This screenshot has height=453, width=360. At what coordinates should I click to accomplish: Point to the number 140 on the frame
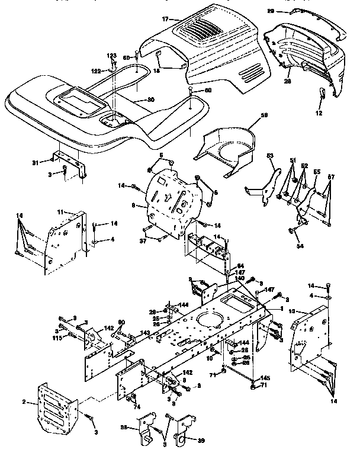point(239,278)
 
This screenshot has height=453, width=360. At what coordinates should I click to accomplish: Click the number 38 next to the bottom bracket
point(124,427)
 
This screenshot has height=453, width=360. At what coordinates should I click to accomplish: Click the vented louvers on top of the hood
point(201,27)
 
